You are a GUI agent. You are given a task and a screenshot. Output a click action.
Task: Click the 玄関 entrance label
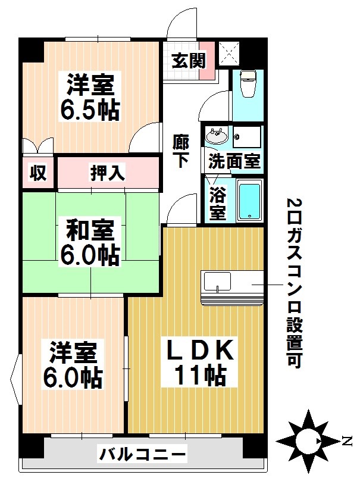189,61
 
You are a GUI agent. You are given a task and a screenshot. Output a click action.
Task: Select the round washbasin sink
215,136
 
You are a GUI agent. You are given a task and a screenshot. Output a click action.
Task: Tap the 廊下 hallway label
181,152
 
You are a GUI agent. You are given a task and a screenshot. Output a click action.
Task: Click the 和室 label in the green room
89,229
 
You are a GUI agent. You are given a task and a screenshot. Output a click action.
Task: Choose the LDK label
198,351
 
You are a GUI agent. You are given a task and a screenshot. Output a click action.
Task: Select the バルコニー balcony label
142,455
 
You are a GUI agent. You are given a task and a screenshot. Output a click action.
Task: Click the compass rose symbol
308,440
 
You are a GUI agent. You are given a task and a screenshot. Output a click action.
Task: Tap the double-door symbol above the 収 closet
37,147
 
